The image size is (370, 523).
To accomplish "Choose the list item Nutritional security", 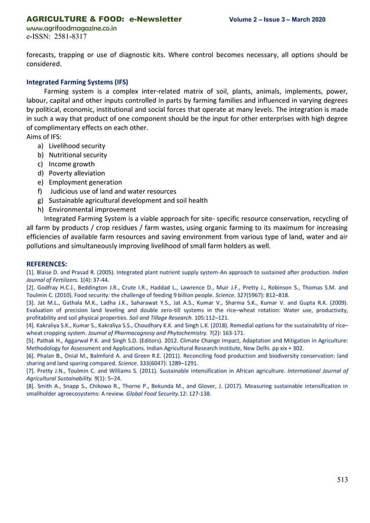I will pos(78,155).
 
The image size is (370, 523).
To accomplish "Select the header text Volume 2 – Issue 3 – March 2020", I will pos(277,20).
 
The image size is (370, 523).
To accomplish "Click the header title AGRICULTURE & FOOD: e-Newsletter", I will pos(104,19).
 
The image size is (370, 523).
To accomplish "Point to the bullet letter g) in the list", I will pos(41,200).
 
